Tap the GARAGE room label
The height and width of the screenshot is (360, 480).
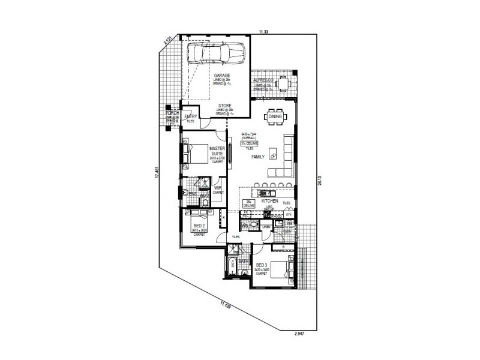[x=222, y=76]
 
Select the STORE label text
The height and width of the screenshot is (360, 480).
[x=225, y=106]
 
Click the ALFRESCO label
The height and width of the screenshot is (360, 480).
[x=263, y=80]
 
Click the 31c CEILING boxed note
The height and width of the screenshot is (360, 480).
[x=248, y=144]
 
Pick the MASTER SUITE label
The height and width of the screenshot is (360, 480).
[x=217, y=151]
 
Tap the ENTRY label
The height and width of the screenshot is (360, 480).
[x=191, y=116]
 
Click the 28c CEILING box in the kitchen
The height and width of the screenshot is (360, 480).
[x=249, y=204]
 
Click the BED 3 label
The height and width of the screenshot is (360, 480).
[x=262, y=265]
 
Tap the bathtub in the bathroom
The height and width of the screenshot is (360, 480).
[x=231, y=265]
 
